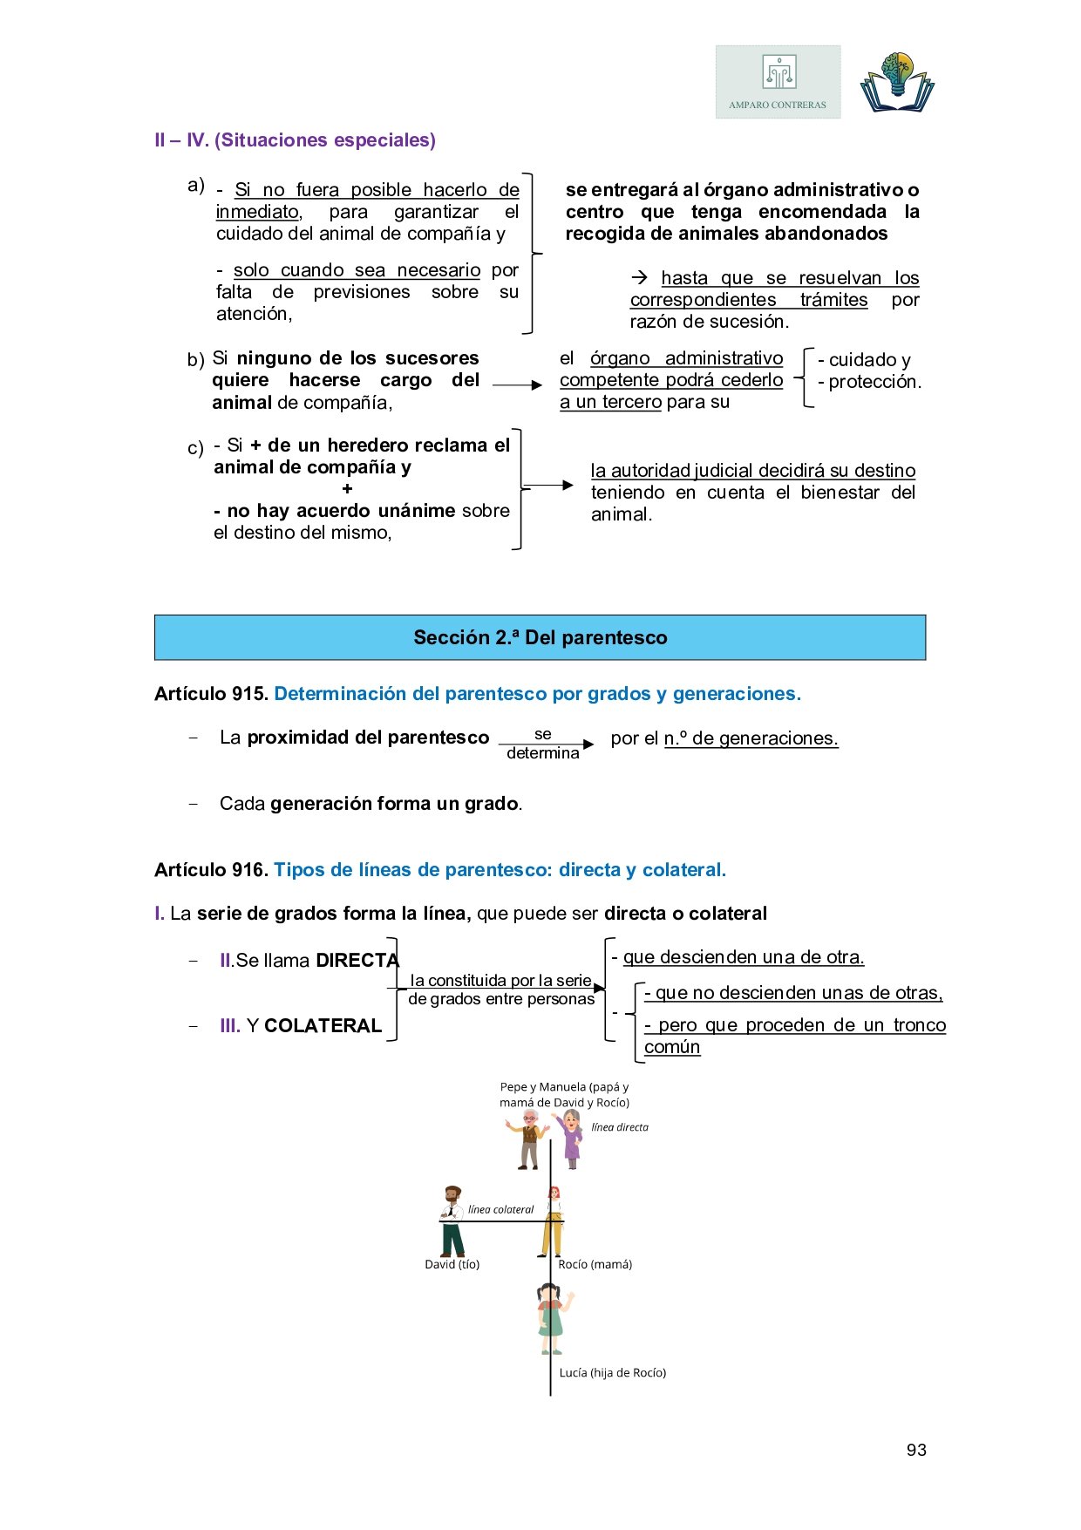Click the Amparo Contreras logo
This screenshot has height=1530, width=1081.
pos(778,82)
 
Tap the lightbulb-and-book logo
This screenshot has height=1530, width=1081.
pos(896,83)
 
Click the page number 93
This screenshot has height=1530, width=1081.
pos(916,1450)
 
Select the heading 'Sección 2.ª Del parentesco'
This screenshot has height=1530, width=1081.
pos(540,637)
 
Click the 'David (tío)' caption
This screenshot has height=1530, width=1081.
pos(452,1264)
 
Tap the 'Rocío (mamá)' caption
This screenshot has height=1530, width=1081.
pos(595,1264)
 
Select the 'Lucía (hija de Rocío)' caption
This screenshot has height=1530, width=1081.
pos(612,1372)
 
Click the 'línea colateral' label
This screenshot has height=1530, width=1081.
pos(500,1209)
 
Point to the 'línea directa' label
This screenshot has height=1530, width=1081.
pos(620,1127)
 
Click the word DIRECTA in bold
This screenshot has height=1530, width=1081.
pos(357,961)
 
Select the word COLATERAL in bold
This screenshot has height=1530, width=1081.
pos(323,1026)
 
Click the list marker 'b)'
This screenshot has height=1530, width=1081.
pos(195,360)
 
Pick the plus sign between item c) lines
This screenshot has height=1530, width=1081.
pos(347,489)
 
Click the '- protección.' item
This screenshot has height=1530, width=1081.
pos(869,382)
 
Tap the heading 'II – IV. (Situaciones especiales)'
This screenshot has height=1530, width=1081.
pos(295,140)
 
